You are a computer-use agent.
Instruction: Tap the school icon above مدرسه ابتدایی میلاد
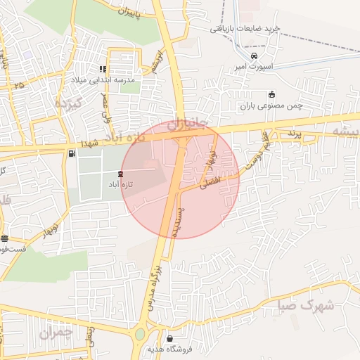[103, 70]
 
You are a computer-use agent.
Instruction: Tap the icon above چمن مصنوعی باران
[272, 95]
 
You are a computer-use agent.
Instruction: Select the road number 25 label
[18, 85]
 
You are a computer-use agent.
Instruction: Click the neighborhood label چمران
[57, 332]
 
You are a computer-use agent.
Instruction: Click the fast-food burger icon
[5, 238]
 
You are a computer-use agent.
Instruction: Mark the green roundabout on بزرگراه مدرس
[141, 334]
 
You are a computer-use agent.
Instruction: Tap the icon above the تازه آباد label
[120, 173]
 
